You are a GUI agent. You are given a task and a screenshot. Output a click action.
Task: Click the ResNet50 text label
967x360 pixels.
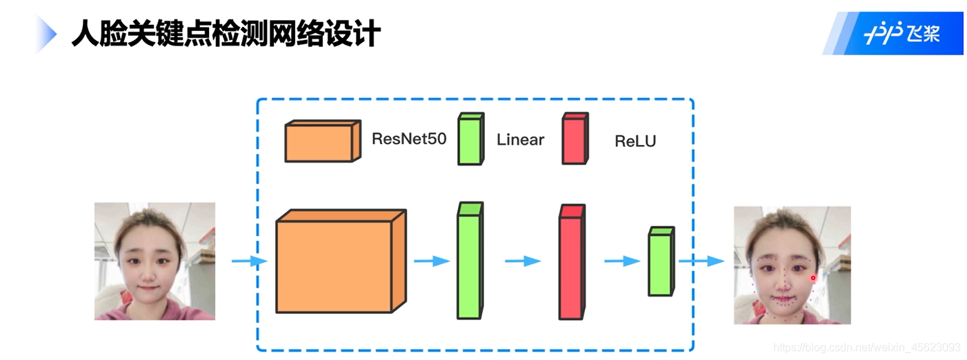(409, 139)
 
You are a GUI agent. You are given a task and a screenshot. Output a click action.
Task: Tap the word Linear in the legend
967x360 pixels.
(520, 140)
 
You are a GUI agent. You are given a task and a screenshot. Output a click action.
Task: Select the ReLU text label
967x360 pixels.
(635, 141)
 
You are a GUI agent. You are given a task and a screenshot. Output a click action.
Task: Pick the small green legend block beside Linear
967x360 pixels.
(471, 139)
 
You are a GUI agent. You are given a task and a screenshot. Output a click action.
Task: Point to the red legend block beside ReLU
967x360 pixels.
(575, 139)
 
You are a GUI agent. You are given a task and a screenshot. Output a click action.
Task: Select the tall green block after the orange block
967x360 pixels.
(470, 261)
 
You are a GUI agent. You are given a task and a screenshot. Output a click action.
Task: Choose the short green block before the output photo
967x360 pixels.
(661, 262)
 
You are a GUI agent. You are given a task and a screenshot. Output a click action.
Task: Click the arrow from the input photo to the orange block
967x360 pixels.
(248, 261)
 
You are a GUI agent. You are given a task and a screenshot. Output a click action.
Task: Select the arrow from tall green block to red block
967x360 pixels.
(522, 261)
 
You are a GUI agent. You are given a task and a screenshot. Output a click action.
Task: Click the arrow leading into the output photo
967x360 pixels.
(701, 261)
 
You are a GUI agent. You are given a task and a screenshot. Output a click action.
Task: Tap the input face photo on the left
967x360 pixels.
(154, 261)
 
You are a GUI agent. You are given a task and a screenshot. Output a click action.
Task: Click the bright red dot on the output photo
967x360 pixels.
(813, 278)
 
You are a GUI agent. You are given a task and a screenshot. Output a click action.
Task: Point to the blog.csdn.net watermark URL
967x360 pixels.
(866, 347)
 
